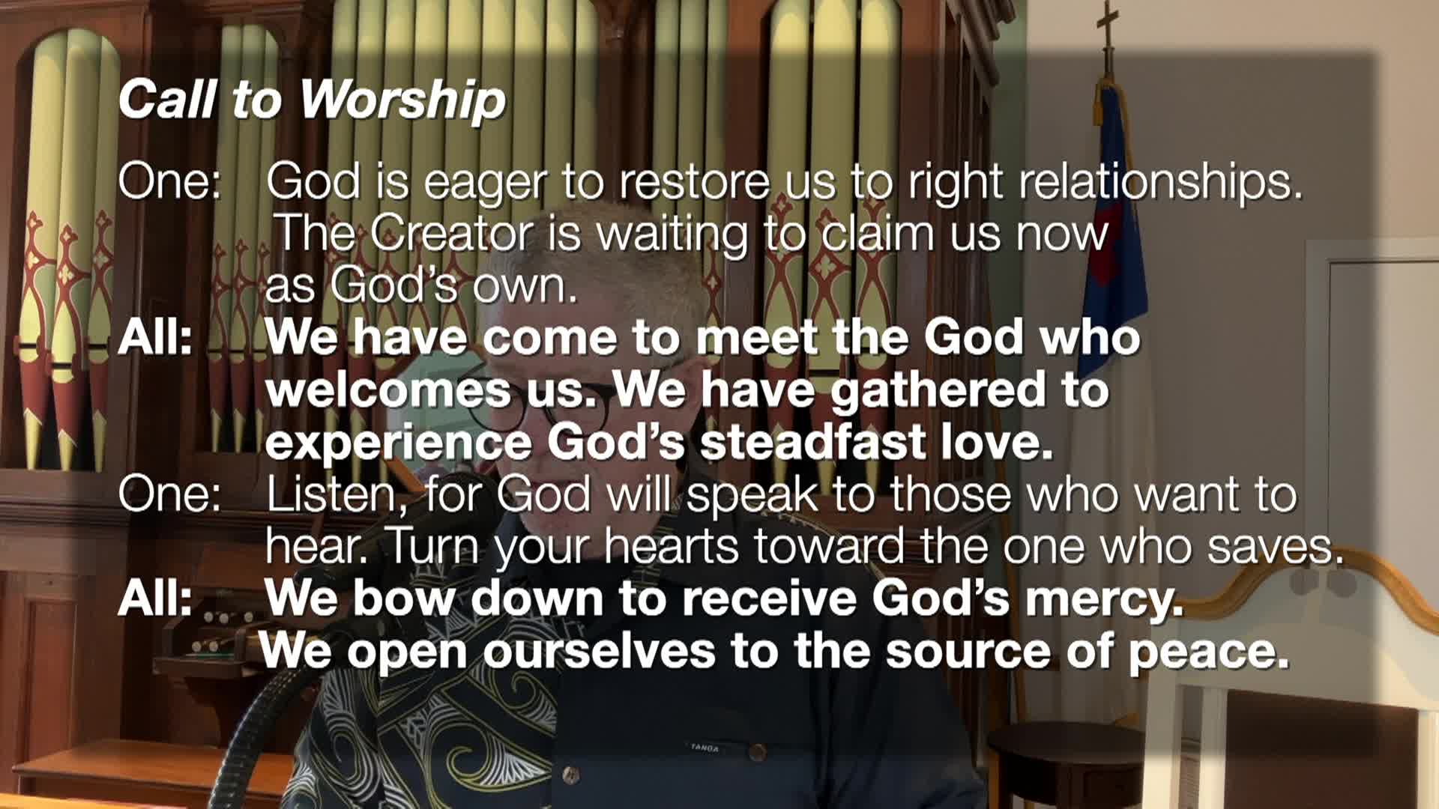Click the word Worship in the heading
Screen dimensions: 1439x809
point(402,100)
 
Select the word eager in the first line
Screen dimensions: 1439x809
point(484,183)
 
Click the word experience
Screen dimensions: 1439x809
point(399,444)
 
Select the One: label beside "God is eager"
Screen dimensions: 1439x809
point(170,181)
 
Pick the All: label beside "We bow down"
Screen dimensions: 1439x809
point(155,599)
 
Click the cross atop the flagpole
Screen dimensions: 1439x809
point(1107,22)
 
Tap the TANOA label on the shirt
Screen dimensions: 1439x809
point(705,748)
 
